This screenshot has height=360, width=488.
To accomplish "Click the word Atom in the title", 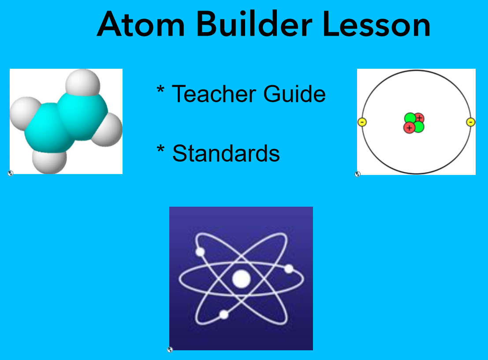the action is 141,24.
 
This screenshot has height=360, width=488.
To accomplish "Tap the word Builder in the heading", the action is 254,23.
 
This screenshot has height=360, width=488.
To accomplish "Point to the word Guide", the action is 294,93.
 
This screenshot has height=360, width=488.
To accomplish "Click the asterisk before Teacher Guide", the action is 160,89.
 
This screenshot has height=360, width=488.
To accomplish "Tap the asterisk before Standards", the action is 160,149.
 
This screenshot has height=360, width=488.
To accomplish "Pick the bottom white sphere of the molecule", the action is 49,161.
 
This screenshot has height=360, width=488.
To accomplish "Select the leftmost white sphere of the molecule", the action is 25,113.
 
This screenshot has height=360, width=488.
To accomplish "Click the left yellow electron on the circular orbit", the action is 362,122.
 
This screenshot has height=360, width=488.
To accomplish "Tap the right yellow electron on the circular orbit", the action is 470,122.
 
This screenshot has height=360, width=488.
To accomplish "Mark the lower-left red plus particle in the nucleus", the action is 409,128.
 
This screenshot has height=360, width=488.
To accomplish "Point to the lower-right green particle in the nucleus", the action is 419,127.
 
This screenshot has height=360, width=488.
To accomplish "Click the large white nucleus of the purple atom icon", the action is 241,279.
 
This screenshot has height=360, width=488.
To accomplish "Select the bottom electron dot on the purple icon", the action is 224,315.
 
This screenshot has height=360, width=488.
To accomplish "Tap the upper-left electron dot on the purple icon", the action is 200,252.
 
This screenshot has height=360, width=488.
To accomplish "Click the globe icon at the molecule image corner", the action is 11,173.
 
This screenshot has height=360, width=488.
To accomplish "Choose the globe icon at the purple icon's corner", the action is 170,349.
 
